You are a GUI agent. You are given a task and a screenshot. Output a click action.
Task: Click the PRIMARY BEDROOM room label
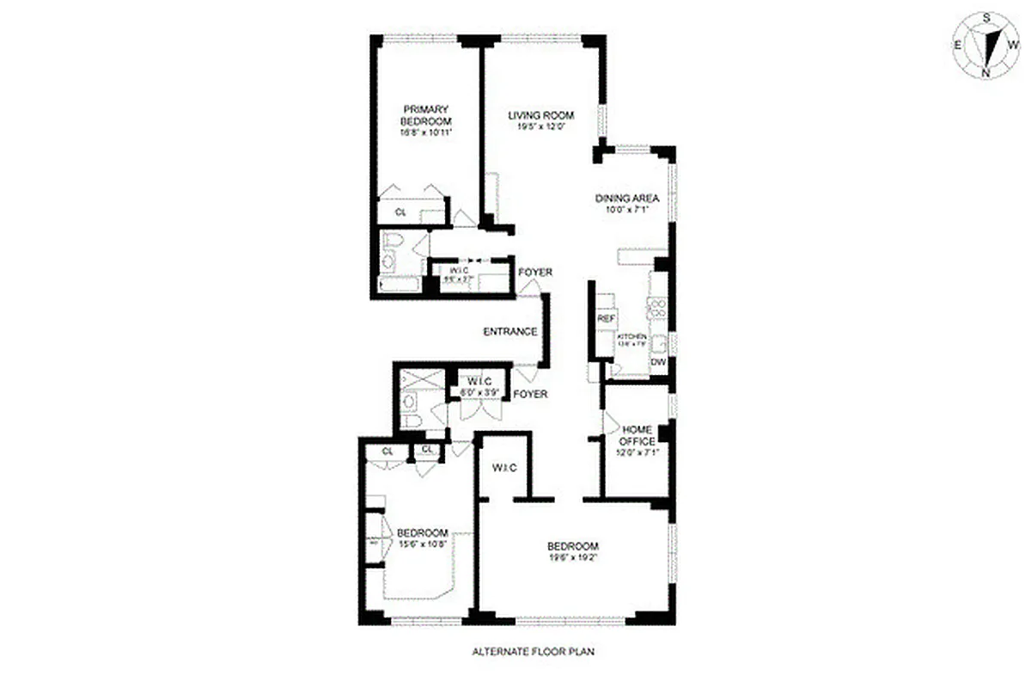(426, 114)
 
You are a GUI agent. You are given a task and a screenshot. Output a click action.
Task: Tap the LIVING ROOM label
(540, 116)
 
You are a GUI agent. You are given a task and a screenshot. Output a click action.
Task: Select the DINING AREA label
(627, 199)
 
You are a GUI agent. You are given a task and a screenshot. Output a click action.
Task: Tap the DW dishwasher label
(658, 363)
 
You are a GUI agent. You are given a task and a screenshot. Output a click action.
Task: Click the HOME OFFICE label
(638, 435)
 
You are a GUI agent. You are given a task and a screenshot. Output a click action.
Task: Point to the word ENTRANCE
(510, 332)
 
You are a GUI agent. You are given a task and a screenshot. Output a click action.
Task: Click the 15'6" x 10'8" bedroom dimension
(423, 544)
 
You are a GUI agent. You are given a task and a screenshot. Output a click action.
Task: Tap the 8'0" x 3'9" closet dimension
(474, 392)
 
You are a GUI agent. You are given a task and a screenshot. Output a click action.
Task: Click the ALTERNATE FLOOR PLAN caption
(533, 651)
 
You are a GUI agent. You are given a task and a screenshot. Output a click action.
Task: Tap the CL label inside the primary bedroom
(400, 212)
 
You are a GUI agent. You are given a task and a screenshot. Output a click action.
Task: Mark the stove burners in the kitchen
(659, 307)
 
